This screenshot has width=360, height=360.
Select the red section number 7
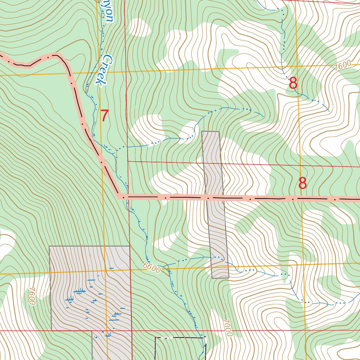(x=105, y=116)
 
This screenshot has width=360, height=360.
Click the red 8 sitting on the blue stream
(x=293, y=84)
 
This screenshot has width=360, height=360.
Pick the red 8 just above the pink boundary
(x=302, y=183)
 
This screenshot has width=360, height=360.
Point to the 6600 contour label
(x=152, y=269)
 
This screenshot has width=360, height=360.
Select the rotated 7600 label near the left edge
(x=32, y=296)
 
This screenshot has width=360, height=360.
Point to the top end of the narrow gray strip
(x=211, y=132)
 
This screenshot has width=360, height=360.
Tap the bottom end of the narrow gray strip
(x=221, y=277)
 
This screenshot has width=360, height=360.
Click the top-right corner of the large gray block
(x=129, y=246)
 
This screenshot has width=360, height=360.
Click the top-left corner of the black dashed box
(x=155, y=338)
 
